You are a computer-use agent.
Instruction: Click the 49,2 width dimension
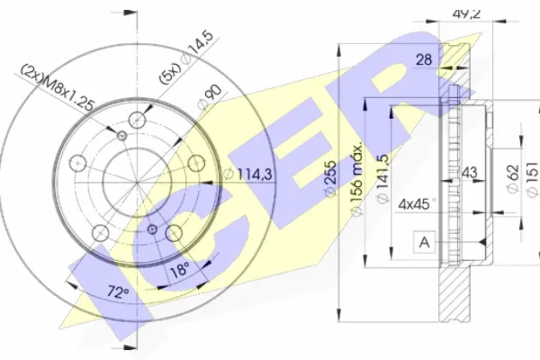click(465, 13)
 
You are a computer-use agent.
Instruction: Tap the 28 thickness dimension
click(424, 59)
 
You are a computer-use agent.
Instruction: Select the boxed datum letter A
click(425, 242)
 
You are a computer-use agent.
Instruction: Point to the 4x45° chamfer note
click(416, 204)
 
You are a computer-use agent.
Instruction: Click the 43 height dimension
click(469, 172)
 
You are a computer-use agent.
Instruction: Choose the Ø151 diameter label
click(533, 179)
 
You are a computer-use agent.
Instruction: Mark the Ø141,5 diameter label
click(383, 179)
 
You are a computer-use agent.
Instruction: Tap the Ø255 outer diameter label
click(330, 178)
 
